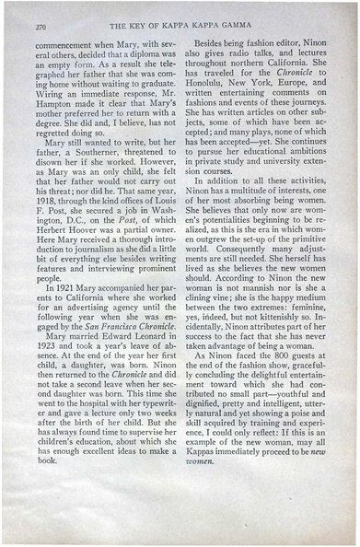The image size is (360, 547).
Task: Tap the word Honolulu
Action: (220, 104)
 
